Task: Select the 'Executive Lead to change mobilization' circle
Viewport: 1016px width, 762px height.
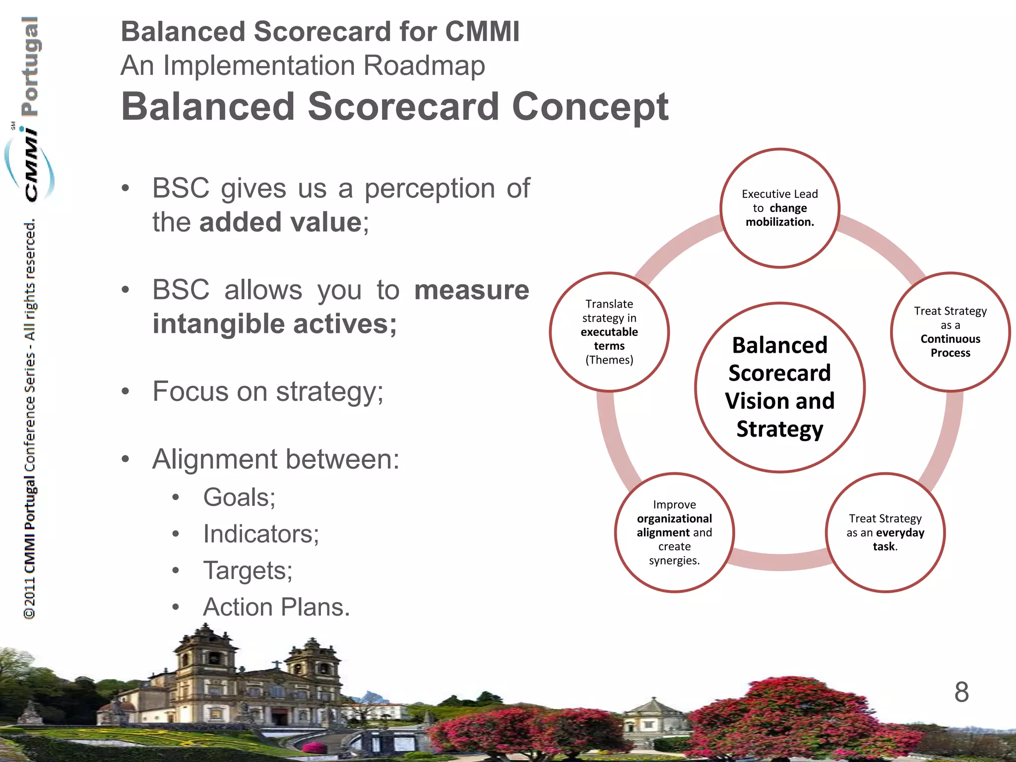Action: (x=779, y=208)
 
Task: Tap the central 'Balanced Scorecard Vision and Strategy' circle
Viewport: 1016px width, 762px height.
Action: (x=779, y=387)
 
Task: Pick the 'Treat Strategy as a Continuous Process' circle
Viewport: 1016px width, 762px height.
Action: (x=950, y=332)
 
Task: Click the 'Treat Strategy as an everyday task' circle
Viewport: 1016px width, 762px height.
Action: (x=885, y=532)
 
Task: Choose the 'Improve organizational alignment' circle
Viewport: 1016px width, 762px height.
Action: (x=674, y=532)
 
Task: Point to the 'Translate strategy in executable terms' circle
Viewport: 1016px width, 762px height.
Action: (x=609, y=332)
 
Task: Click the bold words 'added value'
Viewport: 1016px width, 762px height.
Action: (x=281, y=222)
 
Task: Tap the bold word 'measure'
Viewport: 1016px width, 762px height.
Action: (x=471, y=290)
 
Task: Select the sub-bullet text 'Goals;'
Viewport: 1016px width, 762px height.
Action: (x=239, y=497)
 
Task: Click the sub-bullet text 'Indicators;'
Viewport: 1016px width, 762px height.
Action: (x=261, y=534)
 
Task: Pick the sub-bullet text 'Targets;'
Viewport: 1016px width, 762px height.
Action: (x=248, y=571)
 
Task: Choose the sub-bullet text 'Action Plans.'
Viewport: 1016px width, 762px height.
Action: (x=276, y=607)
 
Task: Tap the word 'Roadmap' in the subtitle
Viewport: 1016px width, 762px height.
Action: (x=424, y=66)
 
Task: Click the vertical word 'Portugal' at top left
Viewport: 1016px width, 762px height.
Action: (x=30, y=67)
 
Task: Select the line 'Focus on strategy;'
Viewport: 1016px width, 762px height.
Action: (x=268, y=392)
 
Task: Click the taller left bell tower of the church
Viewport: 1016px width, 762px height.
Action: (x=205, y=665)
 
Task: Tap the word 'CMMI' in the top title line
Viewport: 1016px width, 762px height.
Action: (x=482, y=32)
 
